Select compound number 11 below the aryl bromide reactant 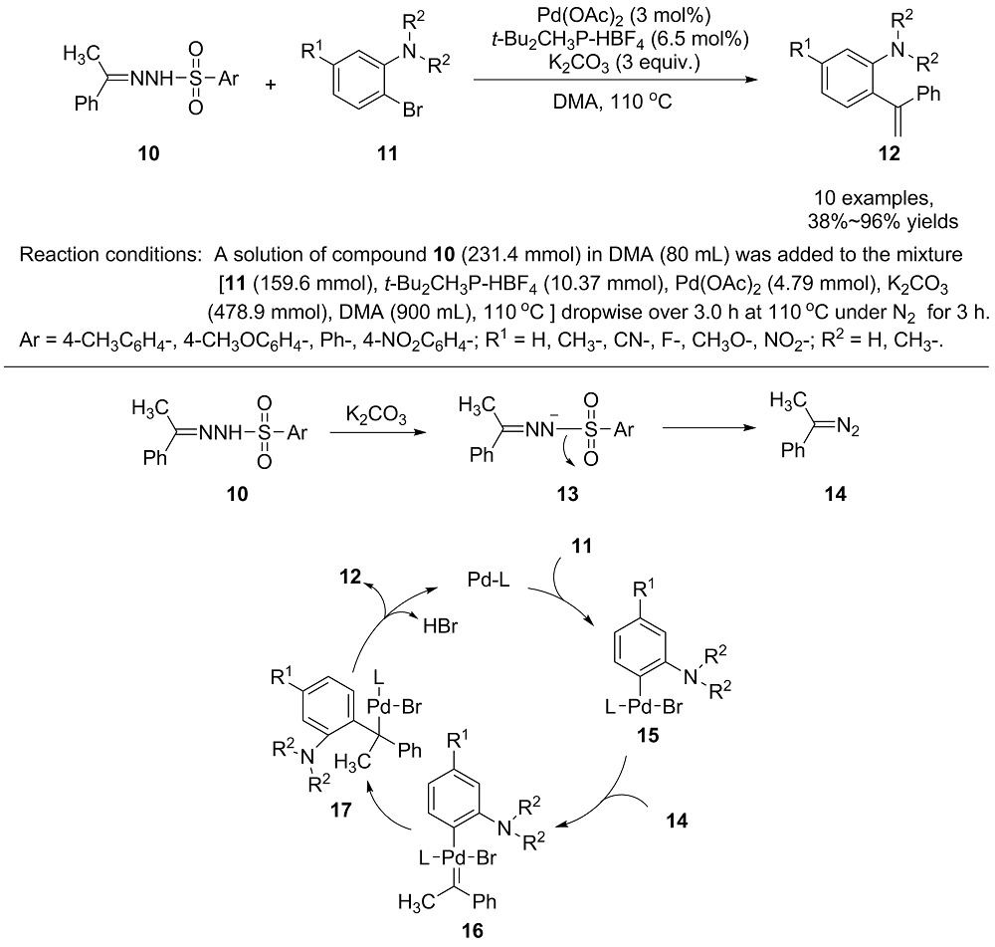click(387, 153)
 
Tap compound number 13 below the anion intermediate click(567, 494)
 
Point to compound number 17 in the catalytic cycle click(340, 810)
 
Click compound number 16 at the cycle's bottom click(472, 930)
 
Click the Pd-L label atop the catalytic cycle click(488, 580)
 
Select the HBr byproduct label click(441, 626)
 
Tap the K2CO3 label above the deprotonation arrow click(376, 416)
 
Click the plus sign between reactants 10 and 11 click(271, 85)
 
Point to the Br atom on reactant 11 click(413, 110)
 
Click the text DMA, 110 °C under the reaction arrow click(612, 101)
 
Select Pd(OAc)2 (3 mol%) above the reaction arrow click(615, 16)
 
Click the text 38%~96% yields click(883, 222)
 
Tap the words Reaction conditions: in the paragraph click(110, 255)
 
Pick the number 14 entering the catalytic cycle click(677, 821)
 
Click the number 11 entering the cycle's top click(581, 546)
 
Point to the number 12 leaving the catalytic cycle click(349, 577)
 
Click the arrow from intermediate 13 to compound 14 click(709, 428)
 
